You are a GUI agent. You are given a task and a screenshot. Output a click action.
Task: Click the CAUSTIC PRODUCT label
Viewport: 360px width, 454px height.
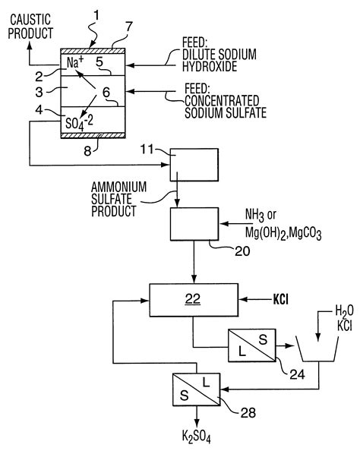[x=30, y=27]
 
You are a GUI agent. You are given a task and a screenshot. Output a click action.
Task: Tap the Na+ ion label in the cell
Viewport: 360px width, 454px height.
[x=75, y=62]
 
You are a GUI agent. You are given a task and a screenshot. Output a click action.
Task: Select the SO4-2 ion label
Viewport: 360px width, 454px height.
[x=79, y=123]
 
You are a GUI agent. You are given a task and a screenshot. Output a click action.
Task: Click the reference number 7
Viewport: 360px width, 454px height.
[x=128, y=27]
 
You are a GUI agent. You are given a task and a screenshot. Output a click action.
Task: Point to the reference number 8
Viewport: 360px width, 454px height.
[x=87, y=151]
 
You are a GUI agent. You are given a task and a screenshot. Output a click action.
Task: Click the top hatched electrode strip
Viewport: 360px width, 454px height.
[x=93, y=51]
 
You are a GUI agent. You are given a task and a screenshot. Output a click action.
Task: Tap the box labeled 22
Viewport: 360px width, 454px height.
[x=194, y=300]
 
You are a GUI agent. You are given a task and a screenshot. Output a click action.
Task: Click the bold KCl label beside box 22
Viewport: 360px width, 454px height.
[x=281, y=300]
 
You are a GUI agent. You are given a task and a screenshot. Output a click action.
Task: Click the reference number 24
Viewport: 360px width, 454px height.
[x=297, y=375]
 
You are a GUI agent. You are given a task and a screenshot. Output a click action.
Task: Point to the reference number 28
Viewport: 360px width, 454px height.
[x=248, y=413]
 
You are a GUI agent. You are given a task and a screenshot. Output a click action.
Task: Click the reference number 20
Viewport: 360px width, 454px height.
[x=242, y=251]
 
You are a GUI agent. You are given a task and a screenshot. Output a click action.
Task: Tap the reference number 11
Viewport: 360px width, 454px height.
[x=147, y=150]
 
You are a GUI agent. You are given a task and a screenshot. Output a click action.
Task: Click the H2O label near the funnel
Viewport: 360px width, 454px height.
[x=344, y=311]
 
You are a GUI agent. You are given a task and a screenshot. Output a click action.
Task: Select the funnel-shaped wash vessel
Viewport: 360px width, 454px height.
[x=317, y=349]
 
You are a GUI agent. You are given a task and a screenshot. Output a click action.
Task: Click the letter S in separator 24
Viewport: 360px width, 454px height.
[x=263, y=339]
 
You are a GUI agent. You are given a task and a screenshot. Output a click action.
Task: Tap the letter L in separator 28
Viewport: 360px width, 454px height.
[x=206, y=383]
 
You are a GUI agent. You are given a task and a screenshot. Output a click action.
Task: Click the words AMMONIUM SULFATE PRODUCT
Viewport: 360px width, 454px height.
[x=118, y=199]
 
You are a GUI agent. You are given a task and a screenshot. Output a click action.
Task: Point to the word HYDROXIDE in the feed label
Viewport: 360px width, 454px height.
[x=210, y=67]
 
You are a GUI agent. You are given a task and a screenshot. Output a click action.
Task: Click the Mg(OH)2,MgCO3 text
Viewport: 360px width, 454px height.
[x=283, y=233]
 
